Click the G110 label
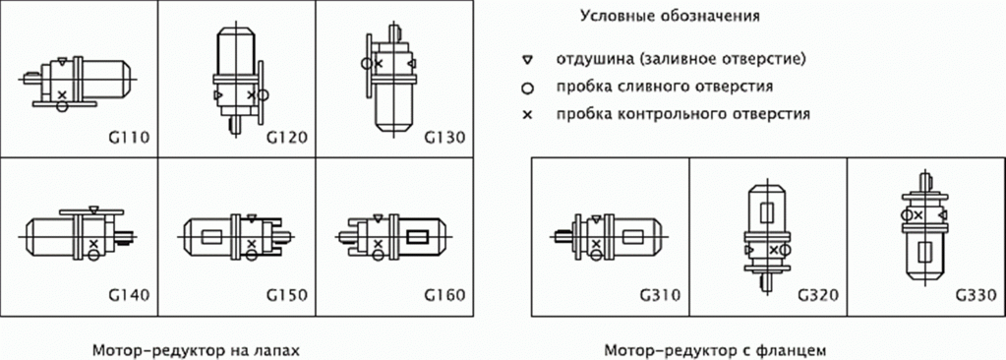pyautogui.click(x=129, y=136)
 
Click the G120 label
pyautogui.click(x=286, y=136)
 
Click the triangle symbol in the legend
pyautogui.click(x=528, y=60)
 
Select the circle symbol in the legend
pyautogui.click(x=528, y=87)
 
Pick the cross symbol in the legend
pyautogui.click(x=528, y=114)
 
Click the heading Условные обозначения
pyautogui.click(x=671, y=16)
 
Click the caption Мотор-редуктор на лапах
pyautogui.click(x=194, y=349)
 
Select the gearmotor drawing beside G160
pyautogui.click(x=393, y=236)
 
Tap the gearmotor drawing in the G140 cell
pyautogui.click(x=79, y=234)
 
